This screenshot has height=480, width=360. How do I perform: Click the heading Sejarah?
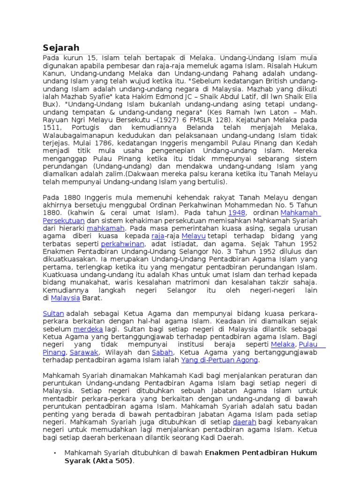[x=61, y=48]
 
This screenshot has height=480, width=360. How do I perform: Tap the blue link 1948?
[x=237, y=213]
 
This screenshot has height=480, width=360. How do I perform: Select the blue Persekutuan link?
[x=64, y=221]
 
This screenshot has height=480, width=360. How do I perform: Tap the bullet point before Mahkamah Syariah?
[x=55, y=453]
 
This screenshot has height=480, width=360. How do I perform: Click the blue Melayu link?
[x=193, y=236]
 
